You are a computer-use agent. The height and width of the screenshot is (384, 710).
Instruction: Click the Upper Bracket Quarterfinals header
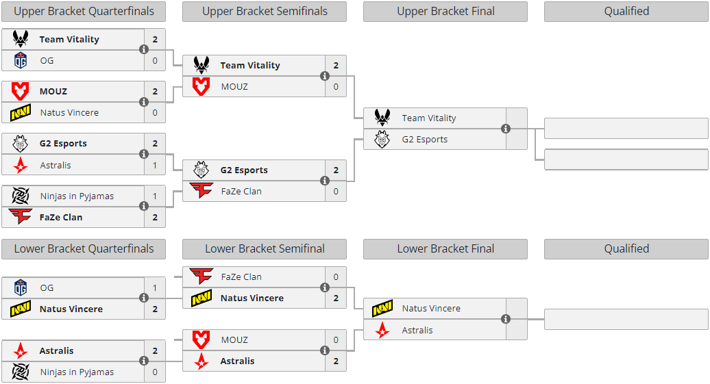click(84, 12)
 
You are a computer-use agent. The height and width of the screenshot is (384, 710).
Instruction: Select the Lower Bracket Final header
click(445, 248)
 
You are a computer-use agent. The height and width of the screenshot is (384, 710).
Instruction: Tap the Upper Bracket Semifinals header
click(265, 12)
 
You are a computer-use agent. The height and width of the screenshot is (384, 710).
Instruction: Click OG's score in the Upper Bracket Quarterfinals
click(155, 61)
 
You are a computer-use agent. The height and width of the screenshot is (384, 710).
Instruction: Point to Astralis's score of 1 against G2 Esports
click(155, 165)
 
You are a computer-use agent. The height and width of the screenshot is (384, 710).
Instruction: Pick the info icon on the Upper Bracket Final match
click(506, 129)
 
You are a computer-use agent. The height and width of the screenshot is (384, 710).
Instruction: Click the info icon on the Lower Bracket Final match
click(506, 320)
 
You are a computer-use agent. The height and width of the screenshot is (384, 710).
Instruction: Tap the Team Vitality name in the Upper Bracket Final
click(429, 118)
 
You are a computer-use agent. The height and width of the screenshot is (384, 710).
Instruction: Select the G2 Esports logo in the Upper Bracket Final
click(382, 140)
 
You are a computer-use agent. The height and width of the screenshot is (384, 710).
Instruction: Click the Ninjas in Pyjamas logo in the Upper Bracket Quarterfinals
click(21, 196)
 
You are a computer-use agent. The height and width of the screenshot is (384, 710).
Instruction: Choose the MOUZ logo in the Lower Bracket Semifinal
click(201, 340)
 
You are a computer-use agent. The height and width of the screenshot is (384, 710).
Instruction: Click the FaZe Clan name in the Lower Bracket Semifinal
click(241, 277)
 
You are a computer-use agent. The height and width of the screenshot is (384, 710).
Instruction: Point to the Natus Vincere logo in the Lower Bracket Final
click(382, 309)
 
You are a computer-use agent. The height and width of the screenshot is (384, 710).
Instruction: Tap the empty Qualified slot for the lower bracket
click(626, 320)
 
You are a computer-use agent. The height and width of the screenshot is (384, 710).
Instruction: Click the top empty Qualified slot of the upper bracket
click(626, 129)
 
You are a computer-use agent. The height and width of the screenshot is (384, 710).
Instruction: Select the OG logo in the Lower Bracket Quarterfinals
click(21, 287)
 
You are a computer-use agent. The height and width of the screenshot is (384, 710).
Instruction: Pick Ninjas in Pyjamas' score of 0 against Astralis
click(155, 372)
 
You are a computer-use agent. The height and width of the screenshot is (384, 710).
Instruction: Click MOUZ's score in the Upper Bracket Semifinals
click(336, 86)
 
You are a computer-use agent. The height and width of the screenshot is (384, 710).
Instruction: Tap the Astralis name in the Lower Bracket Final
click(417, 330)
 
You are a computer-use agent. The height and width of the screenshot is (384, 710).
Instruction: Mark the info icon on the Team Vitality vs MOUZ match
click(325, 76)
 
